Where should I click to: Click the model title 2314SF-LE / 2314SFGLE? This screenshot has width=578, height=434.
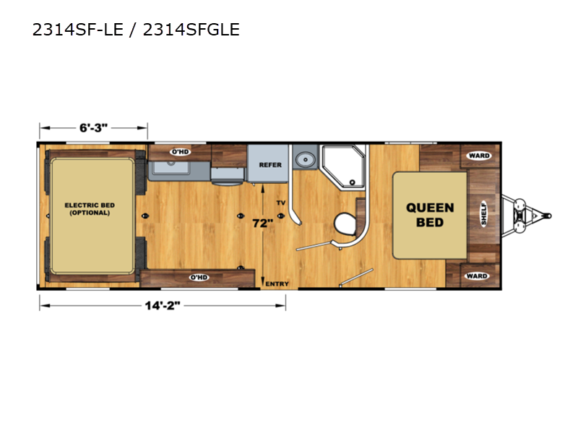(x=136, y=30)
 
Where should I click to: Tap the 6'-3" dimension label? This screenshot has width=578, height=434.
(x=94, y=128)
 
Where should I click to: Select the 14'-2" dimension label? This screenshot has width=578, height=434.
(x=163, y=305)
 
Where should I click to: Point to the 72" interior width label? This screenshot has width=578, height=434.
(x=262, y=223)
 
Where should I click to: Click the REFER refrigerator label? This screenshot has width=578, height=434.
(x=270, y=165)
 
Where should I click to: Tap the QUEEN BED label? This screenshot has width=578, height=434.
(x=430, y=215)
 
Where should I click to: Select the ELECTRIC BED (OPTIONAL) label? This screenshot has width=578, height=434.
(x=90, y=209)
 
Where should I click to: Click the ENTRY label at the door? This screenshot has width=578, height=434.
(x=277, y=284)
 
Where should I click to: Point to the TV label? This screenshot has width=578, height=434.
(x=281, y=203)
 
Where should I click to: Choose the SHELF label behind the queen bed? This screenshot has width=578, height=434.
(x=483, y=213)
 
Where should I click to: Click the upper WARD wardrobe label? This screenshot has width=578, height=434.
(x=479, y=156)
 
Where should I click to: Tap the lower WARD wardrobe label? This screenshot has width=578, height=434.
(x=477, y=276)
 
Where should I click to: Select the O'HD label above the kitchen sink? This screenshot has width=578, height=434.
(x=181, y=152)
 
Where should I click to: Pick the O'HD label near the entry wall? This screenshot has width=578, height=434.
(x=199, y=277)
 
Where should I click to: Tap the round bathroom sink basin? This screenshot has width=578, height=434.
(x=305, y=160)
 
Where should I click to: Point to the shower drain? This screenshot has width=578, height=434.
(x=353, y=182)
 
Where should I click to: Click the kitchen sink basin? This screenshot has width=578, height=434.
(x=171, y=167)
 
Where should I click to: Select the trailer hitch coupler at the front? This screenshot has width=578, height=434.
(x=548, y=216)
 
